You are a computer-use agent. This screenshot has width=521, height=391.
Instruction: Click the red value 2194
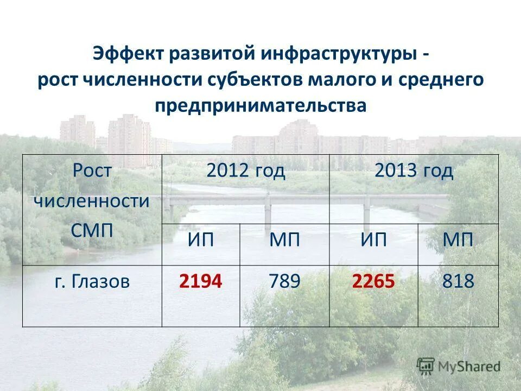(201, 281)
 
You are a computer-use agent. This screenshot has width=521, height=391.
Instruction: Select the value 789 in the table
(284, 281)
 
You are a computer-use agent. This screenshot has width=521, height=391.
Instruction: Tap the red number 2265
(373, 281)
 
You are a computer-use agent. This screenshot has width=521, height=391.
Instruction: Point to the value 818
(458, 281)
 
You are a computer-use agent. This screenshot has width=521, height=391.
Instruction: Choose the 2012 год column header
(245, 171)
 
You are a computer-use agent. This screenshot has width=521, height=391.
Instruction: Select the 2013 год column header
(414, 171)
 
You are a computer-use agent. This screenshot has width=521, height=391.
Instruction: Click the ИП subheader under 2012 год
(201, 240)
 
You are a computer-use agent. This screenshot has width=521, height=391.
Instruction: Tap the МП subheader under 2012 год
(284, 240)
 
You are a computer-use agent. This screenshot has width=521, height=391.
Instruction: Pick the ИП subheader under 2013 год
(373, 240)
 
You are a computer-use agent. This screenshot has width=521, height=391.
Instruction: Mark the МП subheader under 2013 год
(458, 240)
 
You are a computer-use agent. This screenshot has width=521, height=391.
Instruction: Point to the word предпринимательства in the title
(260, 105)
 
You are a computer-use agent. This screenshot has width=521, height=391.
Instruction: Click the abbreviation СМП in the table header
(92, 229)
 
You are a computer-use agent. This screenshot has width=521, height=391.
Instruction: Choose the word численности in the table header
(92, 200)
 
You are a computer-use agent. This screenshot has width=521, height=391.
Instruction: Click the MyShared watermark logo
(459, 366)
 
